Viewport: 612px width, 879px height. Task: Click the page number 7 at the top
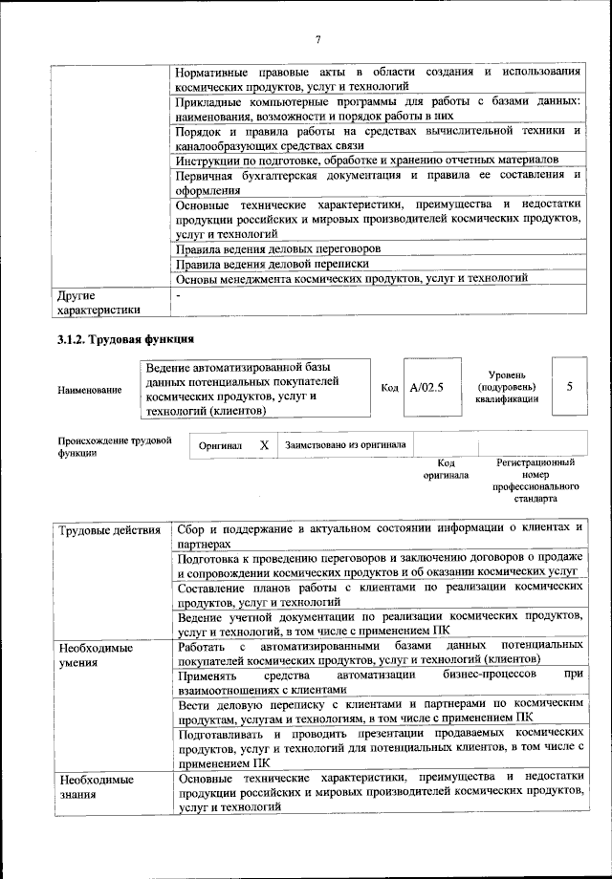coord(317,38)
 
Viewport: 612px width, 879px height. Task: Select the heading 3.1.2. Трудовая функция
coord(126,338)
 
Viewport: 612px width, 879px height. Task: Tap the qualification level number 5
coord(570,388)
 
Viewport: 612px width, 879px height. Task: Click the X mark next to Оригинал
coord(264,445)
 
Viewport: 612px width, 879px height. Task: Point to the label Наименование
coord(90,390)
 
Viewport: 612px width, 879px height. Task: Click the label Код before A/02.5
coord(389,389)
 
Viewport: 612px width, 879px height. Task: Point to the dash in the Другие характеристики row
coord(179,296)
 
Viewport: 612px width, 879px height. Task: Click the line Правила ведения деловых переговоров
coord(278,247)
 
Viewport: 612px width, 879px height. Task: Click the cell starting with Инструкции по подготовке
coord(367,160)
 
